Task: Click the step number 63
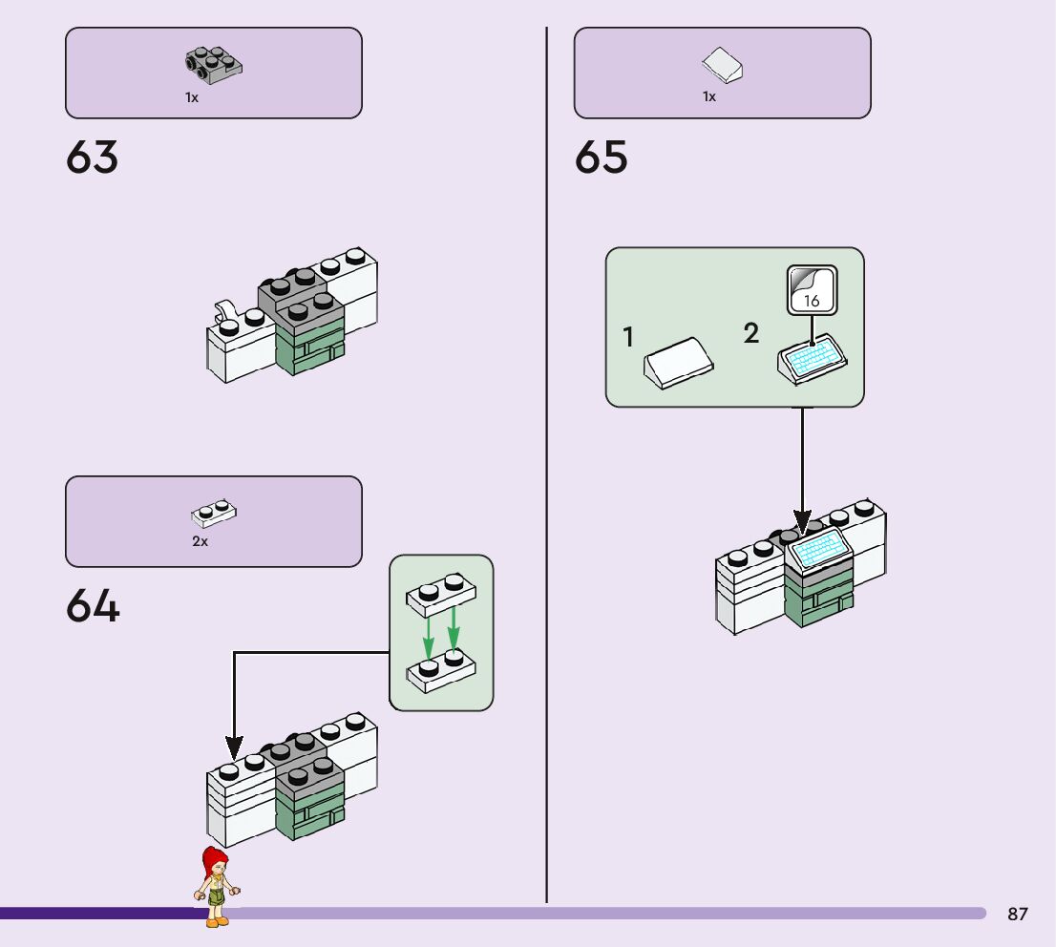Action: click(93, 158)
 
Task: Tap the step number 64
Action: click(93, 606)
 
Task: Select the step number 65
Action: click(602, 158)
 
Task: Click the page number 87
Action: click(1018, 915)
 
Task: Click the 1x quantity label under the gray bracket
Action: click(192, 97)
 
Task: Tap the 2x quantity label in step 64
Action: click(200, 541)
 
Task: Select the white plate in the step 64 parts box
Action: click(214, 514)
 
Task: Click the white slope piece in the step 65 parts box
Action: click(722, 65)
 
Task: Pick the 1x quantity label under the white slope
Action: click(709, 96)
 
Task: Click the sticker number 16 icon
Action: click(812, 290)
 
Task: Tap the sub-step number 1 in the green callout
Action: click(628, 338)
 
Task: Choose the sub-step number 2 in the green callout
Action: click(751, 334)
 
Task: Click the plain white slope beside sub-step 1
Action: click(679, 363)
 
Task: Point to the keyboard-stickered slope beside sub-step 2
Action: click(813, 360)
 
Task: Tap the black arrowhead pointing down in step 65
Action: click(802, 523)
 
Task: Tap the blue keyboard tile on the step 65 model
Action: click(819, 547)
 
